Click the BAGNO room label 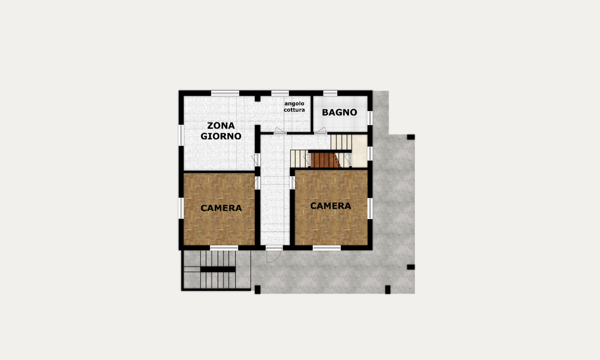(x=339, y=112)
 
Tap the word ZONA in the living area (x=221, y=126)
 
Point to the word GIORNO (x=221, y=136)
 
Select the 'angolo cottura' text (x=294, y=107)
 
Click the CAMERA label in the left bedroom (x=221, y=208)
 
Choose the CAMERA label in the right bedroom (x=331, y=206)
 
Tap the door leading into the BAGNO (x=321, y=131)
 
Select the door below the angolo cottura (x=280, y=131)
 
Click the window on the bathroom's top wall (x=330, y=93)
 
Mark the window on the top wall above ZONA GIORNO (x=225, y=93)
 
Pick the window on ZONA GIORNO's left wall (x=181, y=135)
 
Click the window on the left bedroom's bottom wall (x=224, y=248)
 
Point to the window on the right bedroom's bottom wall (x=327, y=248)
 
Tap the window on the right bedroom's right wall (x=370, y=208)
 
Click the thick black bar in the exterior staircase (x=218, y=269)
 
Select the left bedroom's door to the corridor (x=257, y=183)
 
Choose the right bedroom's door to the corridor (x=293, y=183)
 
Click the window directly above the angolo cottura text (x=280, y=93)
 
